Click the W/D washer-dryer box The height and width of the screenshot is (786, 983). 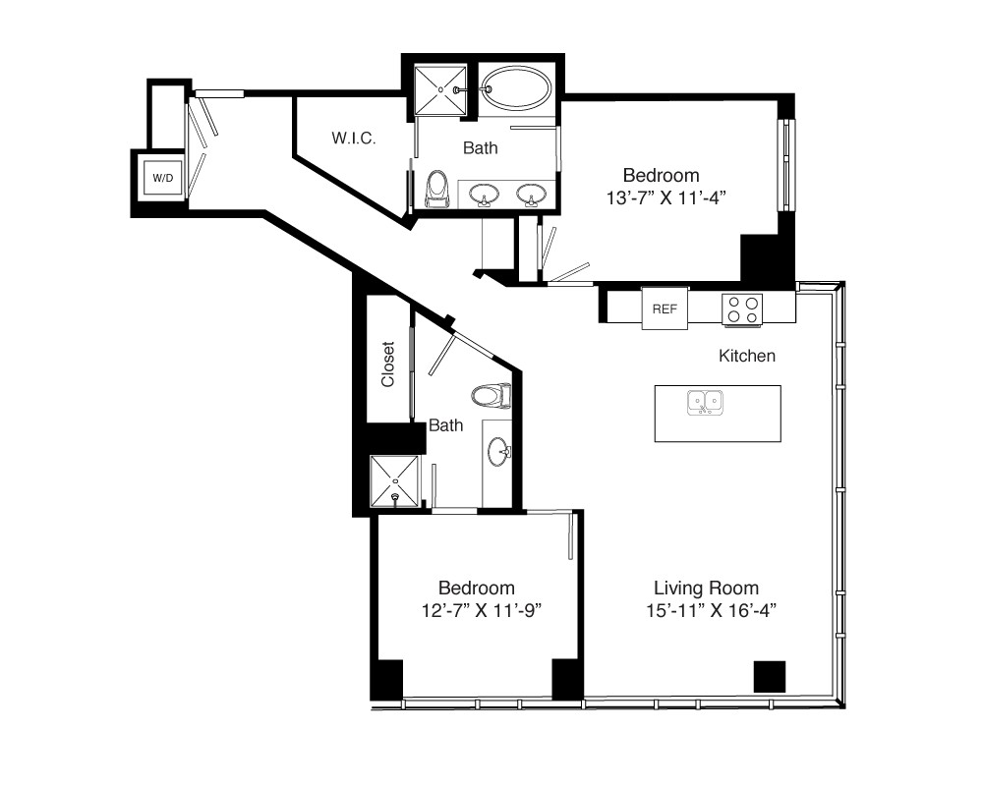[162, 178]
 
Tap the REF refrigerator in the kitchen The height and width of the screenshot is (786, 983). [665, 309]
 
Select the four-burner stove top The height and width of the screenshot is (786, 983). [742, 310]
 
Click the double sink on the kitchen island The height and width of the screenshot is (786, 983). [705, 403]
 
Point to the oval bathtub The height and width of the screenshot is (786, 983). [517, 88]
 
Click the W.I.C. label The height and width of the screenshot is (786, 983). [354, 138]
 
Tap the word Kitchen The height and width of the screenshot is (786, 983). [747, 356]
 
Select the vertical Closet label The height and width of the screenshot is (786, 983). [387, 365]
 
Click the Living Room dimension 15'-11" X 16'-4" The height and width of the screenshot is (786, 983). [711, 610]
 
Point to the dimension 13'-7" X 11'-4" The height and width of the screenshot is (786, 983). [665, 198]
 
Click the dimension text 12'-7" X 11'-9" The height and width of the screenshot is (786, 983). [481, 610]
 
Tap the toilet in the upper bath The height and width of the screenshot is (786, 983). [437, 189]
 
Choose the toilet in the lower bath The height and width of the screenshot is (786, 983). [491, 396]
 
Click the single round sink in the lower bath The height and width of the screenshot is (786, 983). [499, 452]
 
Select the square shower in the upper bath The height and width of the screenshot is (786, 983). [440, 90]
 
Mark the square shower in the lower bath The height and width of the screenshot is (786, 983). [394, 481]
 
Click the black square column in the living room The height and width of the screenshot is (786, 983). [770, 677]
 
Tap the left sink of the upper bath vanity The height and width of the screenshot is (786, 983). [484, 195]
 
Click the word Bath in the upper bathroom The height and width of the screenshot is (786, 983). [481, 148]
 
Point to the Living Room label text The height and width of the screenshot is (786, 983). [706, 588]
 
